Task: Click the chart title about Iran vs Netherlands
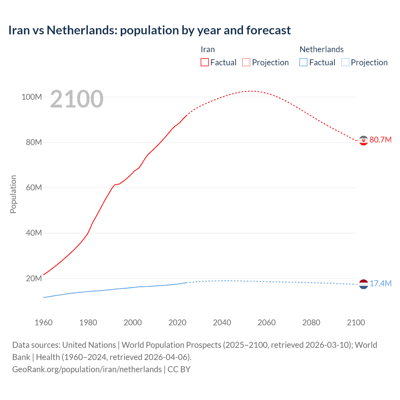pyautogui.click(x=149, y=30)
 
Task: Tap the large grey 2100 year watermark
pyautogui.click(x=77, y=99)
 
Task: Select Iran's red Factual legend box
pyautogui.click(x=205, y=62)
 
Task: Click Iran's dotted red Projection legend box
pyautogui.click(x=246, y=62)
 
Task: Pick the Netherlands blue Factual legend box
pyautogui.click(x=303, y=62)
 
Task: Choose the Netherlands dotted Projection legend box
pyautogui.click(x=345, y=62)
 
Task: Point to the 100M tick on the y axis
pyautogui.click(x=32, y=97)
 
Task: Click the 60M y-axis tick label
pyautogui.click(x=34, y=187)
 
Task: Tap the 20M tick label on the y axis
pyautogui.click(x=34, y=278)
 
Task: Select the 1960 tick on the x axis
pyautogui.click(x=43, y=322)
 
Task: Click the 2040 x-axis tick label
pyautogui.click(x=222, y=322)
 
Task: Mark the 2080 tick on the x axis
pyautogui.click(x=311, y=322)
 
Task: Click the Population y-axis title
pyautogui.click(x=13, y=194)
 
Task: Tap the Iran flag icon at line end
pyautogui.click(x=363, y=141)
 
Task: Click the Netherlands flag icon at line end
pyautogui.click(x=363, y=284)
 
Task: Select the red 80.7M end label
pyautogui.click(x=380, y=140)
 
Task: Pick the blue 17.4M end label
pyautogui.click(x=380, y=283)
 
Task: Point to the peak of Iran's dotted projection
pyautogui.click(x=251, y=91)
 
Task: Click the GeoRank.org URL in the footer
pyautogui.click(x=87, y=369)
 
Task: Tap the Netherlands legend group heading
pyautogui.click(x=322, y=49)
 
